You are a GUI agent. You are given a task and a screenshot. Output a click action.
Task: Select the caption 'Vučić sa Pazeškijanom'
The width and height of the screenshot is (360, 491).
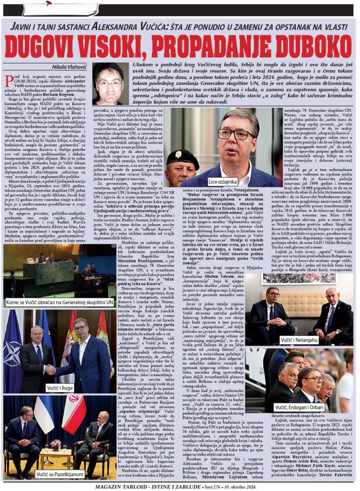click(x=59, y=474)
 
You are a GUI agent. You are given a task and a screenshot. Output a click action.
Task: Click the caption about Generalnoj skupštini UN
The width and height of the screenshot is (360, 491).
click(x=59, y=302)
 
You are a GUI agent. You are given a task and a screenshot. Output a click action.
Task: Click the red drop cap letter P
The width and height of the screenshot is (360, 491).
click(x=9, y=80)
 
